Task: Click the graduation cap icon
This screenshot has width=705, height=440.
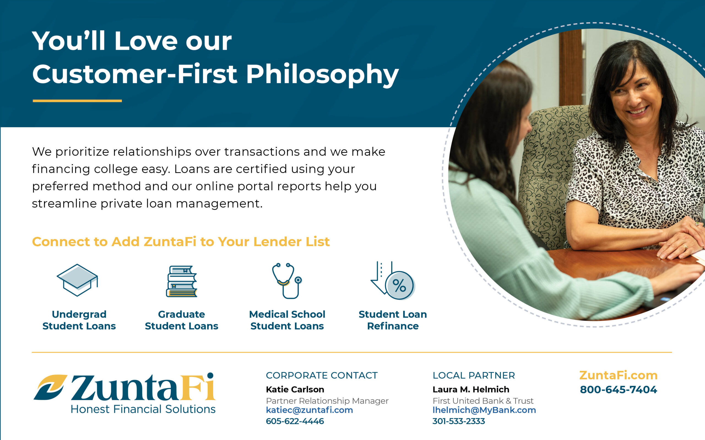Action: click(x=77, y=280)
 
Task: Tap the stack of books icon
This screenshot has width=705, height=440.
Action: click(x=182, y=281)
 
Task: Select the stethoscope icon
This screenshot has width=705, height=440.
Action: click(x=287, y=281)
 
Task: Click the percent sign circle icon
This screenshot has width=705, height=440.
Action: click(x=400, y=285)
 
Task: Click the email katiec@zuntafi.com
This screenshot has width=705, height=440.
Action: click(x=309, y=410)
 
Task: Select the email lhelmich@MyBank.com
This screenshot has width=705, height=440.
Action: click(x=484, y=410)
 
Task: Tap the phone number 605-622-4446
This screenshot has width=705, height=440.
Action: click(x=295, y=421)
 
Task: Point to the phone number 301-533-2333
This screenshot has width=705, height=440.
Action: click(x=459, y=421)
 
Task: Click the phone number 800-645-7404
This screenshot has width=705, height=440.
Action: click(x=619, y=389)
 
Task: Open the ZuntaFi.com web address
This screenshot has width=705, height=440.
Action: click(x=619, y=375)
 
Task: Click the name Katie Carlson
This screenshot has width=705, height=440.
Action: click(x=295, y=389)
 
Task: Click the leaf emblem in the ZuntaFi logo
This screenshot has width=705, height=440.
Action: click(x=50, y=387)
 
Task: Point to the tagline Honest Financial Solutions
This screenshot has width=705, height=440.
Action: click(x=143, y=409)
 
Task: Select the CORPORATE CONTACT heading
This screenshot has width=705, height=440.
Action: click(x=322, y=375)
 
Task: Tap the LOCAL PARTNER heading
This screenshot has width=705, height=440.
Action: click(x=474, y=375)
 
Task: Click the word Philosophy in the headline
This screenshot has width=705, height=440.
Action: click(x=322, y=75)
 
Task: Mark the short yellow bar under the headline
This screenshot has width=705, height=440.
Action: click(x=77, y=101)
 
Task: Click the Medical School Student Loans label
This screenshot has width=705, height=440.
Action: click(x=287, y=320)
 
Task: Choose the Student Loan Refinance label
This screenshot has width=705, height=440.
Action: click(x=393, y=320)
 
